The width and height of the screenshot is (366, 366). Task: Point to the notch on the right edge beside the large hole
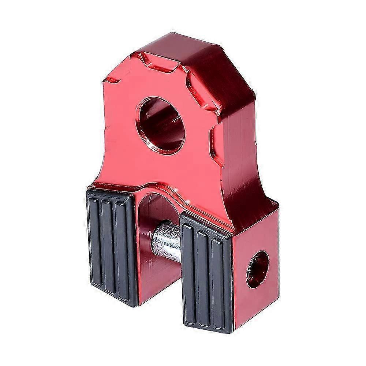[214, 141]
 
